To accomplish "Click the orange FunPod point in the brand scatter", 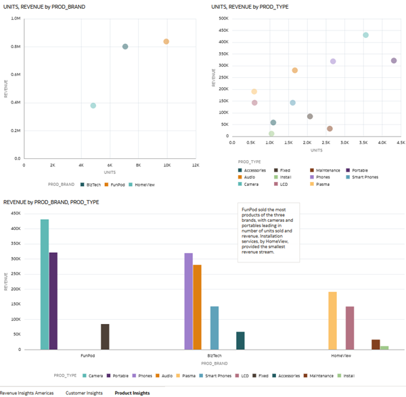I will [166, 42].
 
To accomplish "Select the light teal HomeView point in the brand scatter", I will [93, 106].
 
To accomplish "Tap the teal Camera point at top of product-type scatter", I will [365, 35].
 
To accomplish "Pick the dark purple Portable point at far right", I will [394, 61].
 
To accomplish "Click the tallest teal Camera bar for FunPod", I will [45, 284].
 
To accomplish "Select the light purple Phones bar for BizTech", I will [188, 301].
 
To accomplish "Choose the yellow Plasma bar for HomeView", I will [332, 321].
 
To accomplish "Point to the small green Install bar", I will [384, 348].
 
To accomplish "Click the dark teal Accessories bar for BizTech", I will [240, 341].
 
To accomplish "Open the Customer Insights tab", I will [84, 392].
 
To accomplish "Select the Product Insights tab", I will [132, 392].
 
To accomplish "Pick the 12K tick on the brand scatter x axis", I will [196, 165].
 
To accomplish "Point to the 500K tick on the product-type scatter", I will [222, 18].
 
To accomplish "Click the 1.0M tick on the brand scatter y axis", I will [15, 19].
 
